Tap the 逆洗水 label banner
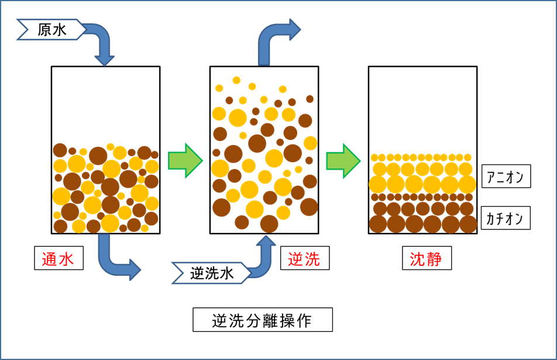click(211, 273)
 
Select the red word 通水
click(58, 259)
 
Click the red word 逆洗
click(304, 259)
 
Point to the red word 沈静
click(426, 259)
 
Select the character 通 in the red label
click(50, 259)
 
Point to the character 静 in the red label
click(434, 259)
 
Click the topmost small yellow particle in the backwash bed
click(236, 80)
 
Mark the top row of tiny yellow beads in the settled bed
click(421, 157)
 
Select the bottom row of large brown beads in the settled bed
click(423, 224)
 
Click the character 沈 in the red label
click(418, 259)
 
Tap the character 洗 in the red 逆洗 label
click(312, 259)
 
